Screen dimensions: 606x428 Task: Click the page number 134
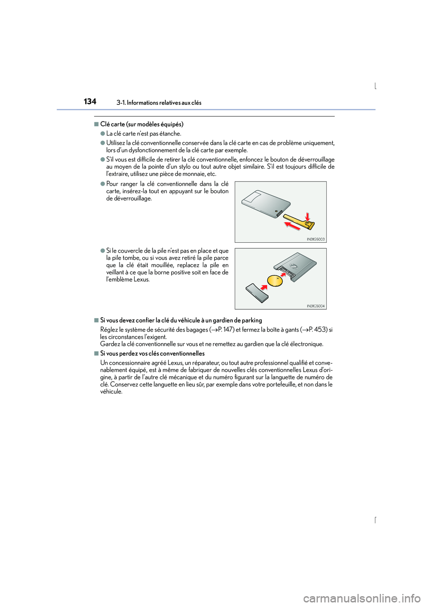click(x=90, y=102)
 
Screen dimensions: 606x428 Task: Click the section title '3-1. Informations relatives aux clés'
click(x=159, y=103)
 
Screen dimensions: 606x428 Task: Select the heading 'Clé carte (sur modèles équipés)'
click(x=141, y=124)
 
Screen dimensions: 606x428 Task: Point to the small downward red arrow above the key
click(x=307, y=216)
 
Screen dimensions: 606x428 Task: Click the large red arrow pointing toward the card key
click(x=292, y=226)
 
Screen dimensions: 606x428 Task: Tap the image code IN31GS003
click(x=316, y=239)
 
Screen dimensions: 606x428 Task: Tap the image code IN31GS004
click(x=316, y=306)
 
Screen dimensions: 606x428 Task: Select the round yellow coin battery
click(x=275, y=281)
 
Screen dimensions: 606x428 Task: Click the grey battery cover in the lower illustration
click(x=257, y=293)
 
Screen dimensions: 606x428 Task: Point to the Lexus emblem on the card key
click(x=293, y=266)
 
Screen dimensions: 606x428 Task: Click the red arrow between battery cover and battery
click(x=264, y=286)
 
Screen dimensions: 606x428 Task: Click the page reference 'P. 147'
click(x=226, y=330)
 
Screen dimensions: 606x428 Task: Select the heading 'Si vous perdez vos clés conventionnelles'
click(x=152, y=353)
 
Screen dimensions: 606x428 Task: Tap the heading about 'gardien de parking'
click(x=181, y=320)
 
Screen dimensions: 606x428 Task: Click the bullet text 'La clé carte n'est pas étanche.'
click(x=144, y=133)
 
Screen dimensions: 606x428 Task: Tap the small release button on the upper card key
click(x=276, y=211)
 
